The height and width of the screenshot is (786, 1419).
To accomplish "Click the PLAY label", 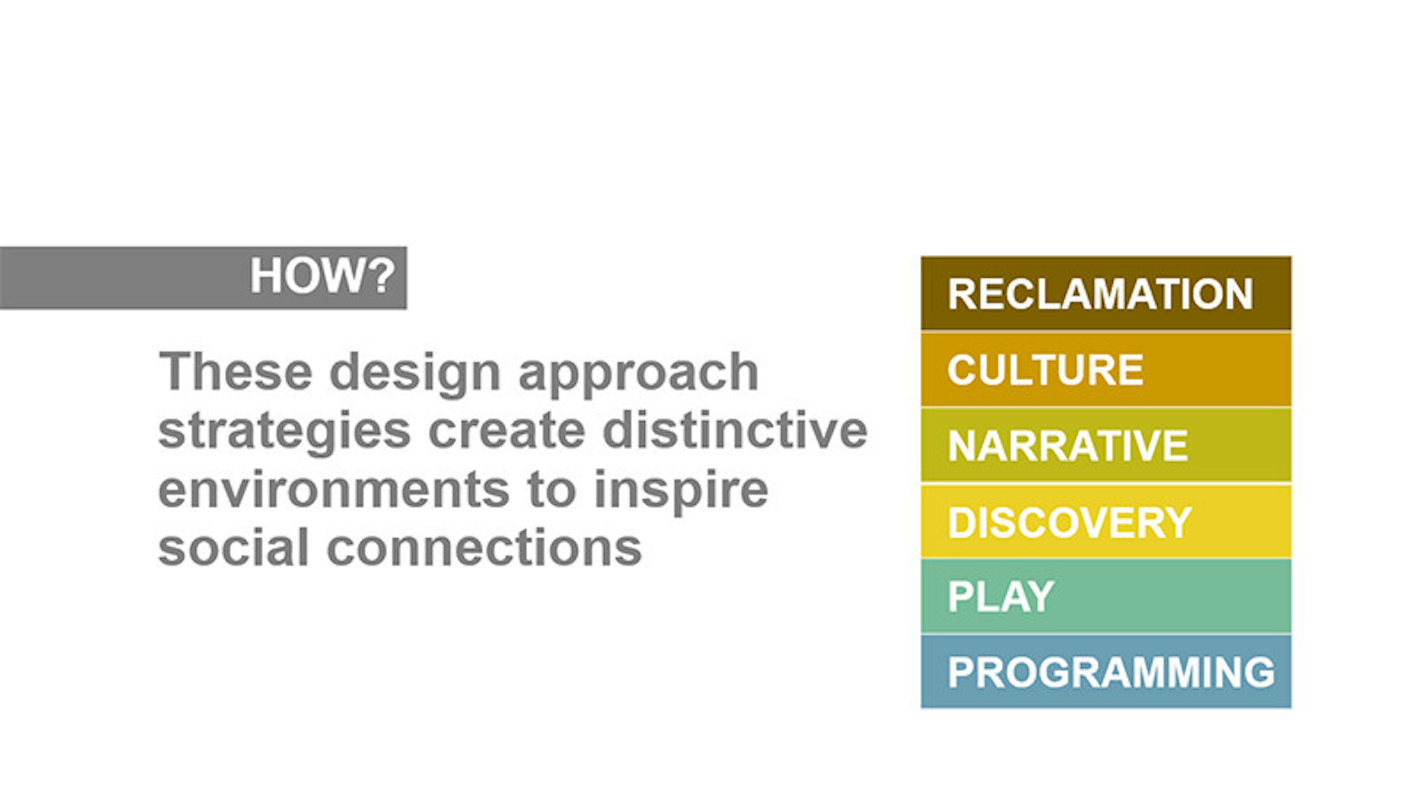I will tap(1001, 597).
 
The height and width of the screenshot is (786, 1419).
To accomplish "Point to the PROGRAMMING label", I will tap(1111, 672).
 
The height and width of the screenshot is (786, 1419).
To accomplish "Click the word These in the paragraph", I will tap(236, 372).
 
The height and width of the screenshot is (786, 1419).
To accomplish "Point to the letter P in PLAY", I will tap(959, 597).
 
